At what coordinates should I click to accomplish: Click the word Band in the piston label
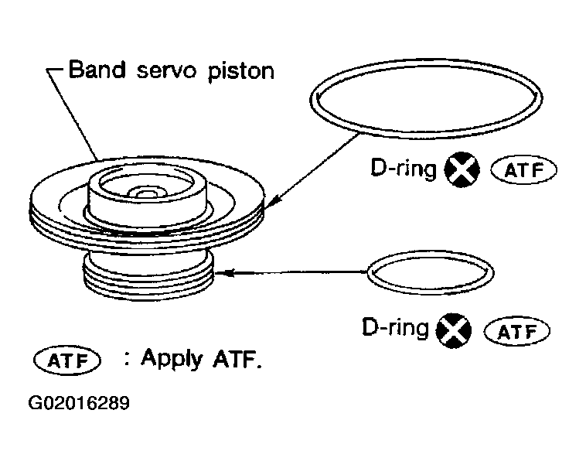click(96, 71)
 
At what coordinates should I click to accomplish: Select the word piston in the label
click(241, 73)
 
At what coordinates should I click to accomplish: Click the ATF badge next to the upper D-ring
click(523, 170)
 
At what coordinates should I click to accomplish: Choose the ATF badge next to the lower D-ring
click(516, 332)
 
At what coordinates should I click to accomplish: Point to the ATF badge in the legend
click(68, 361)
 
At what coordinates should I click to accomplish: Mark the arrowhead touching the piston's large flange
click(271, 204)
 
